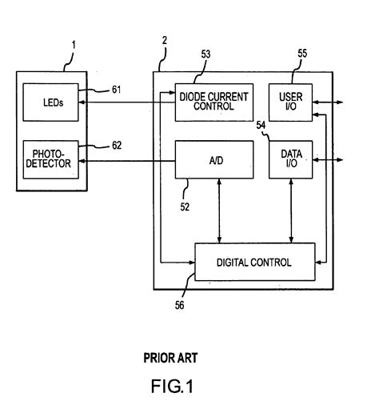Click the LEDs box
51,102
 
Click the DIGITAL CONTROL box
253,262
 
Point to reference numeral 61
116,90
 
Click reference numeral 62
116,146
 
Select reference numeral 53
205,54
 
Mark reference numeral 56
180,304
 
